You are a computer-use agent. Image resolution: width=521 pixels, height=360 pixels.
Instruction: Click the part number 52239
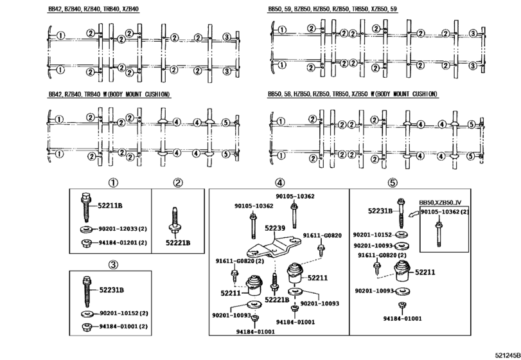275,228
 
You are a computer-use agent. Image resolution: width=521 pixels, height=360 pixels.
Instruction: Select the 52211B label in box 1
110,206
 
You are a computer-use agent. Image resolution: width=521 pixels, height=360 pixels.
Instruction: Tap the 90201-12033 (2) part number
123,229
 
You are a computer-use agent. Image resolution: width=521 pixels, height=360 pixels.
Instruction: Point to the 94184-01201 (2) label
123,242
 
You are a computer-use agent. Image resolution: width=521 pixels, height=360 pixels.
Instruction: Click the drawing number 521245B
508,355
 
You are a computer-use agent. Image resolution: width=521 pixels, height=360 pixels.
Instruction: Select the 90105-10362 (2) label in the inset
445,212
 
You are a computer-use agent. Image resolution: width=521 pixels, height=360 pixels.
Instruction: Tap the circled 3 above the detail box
113,265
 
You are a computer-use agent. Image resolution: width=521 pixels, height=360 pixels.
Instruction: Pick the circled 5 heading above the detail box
393,183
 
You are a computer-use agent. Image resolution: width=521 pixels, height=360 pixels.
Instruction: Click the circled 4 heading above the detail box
279,183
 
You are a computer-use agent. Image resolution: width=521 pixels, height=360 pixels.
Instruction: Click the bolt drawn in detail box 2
175,222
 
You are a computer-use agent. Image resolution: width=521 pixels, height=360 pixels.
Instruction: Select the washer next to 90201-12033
87,230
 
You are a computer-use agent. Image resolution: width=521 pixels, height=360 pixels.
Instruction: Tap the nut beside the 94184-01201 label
86,243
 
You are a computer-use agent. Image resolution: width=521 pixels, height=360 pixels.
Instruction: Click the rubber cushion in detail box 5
403,271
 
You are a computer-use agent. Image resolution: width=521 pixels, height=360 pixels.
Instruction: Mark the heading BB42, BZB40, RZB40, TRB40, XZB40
94,9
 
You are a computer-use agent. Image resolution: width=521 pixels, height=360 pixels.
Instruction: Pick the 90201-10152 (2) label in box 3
123,313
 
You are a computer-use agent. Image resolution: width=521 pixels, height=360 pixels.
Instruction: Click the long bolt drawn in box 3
87,291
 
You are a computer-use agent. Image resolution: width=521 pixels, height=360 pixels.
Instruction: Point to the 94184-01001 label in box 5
402,318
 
